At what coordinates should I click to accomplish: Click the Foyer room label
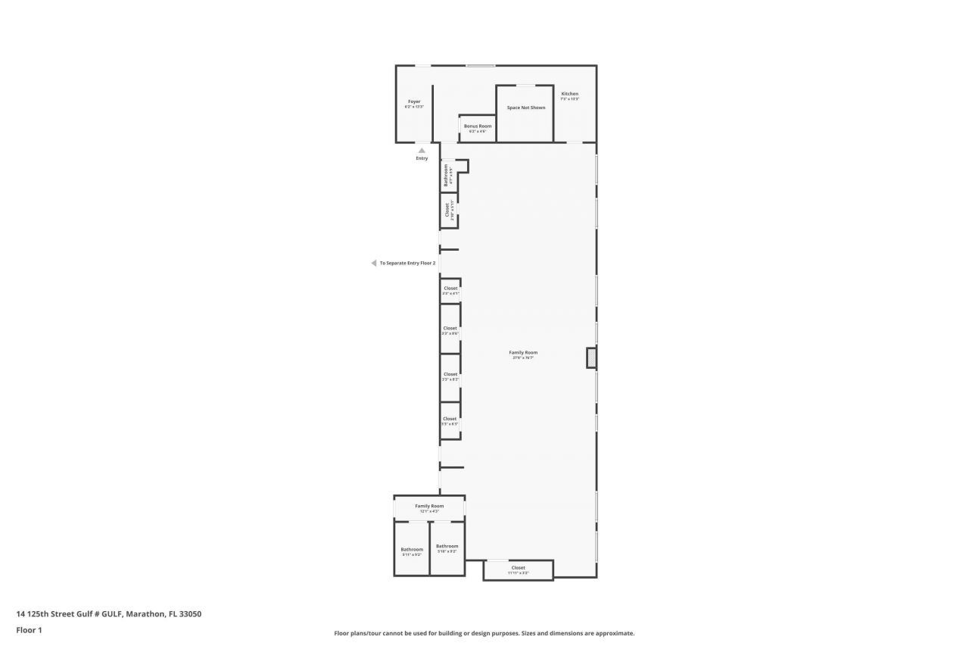click(414, 101)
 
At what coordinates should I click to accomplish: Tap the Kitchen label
click(569, 94)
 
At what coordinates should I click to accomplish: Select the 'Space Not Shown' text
click(526, 108)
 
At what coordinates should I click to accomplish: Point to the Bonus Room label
click(478, 126)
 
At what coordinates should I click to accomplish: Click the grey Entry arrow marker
click(422, 150)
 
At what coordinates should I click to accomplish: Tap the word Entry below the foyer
click(422, 158)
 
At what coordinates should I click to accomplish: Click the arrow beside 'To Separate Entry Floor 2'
click(373, 263)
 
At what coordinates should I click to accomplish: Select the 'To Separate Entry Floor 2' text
click(407, 263)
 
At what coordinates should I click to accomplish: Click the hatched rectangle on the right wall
click(591, 357)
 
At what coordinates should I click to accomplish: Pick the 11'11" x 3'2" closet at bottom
click(518, 570)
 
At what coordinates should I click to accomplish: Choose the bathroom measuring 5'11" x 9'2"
click(412, 551)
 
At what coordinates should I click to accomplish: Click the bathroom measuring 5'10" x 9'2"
click(447, 548)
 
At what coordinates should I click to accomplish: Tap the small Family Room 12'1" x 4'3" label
click(429, 508)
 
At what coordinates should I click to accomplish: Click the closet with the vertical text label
click(448, 210)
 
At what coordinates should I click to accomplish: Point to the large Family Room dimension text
click(523, 357)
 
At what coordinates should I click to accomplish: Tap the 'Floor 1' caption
click(29, 630)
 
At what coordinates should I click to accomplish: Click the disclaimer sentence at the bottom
click(484, 633)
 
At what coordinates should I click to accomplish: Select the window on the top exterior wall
click(480, 66)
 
